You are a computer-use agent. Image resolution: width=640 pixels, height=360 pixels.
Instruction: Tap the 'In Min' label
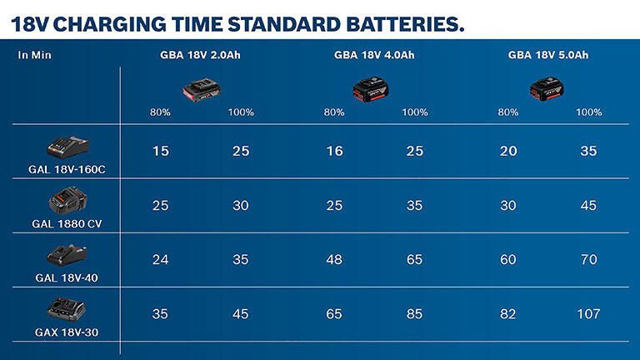[x=35, y=56]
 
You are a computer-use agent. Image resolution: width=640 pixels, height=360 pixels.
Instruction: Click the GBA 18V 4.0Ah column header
[x=374, y=56]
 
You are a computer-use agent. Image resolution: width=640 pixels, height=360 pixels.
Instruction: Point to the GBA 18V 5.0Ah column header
[x=548, y=56]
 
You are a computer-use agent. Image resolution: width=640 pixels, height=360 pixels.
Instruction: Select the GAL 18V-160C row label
[x=67, y=169]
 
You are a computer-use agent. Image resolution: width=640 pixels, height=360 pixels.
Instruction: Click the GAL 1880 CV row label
[x=67, y=223]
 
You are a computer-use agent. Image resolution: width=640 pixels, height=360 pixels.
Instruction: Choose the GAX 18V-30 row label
[x=67, y=332]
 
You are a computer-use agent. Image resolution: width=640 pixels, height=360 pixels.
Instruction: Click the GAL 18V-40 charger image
[x=67, y=255]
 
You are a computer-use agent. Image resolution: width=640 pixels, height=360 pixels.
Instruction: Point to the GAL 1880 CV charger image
[x=67, y=201]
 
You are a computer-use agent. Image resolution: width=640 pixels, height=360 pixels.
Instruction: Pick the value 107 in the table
[x=588, y=314]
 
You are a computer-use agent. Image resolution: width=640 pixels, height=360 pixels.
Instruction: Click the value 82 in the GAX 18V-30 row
[x=507, y=314]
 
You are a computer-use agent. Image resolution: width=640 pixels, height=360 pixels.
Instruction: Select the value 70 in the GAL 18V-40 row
[x=588, y=260]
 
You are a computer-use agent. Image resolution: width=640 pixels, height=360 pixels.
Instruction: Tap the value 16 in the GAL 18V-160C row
[x=333, y=151]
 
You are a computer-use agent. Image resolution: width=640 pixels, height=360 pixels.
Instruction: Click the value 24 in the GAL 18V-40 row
[x=160, y=260]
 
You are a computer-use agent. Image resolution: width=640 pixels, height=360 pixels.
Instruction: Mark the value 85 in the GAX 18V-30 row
[x=414, y=314]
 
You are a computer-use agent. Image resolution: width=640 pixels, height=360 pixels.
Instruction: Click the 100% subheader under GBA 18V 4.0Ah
[x=414, y=112]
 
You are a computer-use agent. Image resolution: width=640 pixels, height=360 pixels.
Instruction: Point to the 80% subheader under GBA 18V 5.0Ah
[x=507, y=112]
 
